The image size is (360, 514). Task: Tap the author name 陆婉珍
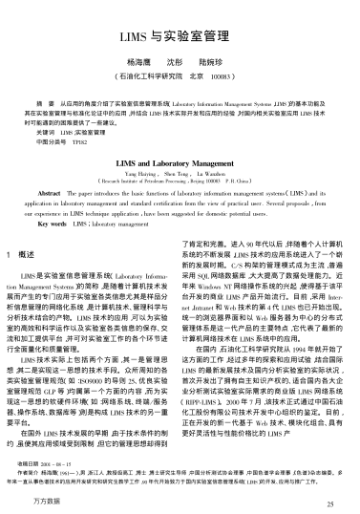pos(216,59)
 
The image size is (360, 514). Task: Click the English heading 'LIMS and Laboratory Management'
pos(180,164)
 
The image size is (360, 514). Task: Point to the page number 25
pos(330,501)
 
